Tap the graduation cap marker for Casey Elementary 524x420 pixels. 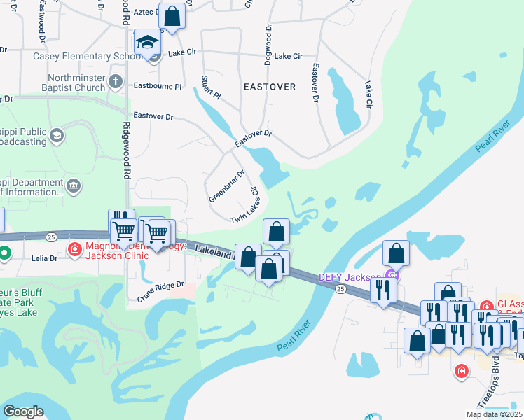click(x=148, y=43)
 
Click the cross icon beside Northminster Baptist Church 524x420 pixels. click(x=116, y=83)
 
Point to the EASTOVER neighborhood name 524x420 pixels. click(x=270, y=87)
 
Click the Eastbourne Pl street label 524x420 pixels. click(x=158, y=86)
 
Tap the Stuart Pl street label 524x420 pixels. click(x=211, y=87)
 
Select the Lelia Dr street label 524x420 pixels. click(x=44, y=258)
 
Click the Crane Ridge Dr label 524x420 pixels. click(x=160, y=292)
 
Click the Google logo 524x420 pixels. click(x=24, y=412)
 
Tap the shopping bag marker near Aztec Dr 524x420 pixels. click(x=172, y=15)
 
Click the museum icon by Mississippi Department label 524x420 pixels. click(x=74, y=185)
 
